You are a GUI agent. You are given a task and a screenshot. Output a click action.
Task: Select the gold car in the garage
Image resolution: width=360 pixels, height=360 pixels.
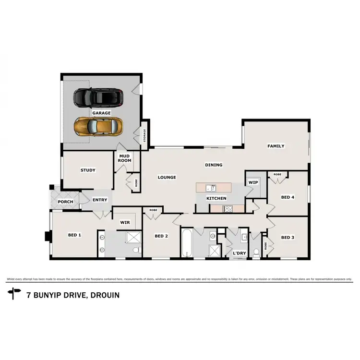coord(98,127)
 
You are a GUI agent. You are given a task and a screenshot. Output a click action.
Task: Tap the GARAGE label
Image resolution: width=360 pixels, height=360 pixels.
coord(102,113)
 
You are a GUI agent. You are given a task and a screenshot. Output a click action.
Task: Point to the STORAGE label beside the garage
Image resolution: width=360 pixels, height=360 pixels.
coord(144,136)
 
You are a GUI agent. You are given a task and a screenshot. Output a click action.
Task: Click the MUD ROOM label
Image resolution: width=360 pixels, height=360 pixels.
coord(124,158)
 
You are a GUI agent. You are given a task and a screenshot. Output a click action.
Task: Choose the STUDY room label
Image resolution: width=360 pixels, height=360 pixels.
coord(88,170)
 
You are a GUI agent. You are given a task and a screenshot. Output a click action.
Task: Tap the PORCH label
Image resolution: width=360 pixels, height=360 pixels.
coord(65,202)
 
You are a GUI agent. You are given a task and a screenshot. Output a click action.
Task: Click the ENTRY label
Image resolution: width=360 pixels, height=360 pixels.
coord(100,200)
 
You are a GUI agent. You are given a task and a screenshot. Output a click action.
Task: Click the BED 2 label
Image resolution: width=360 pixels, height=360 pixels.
coord(161,236)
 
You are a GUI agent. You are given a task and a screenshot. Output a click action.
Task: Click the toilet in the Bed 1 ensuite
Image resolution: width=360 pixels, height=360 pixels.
coord(136,250)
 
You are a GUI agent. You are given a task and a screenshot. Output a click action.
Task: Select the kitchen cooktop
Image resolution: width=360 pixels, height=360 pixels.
coord(227,208)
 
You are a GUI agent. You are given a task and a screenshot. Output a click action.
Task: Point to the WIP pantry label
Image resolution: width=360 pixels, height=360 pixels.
coord(253,182)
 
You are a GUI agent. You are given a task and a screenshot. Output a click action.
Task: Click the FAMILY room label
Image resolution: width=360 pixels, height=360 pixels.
coord(276,146)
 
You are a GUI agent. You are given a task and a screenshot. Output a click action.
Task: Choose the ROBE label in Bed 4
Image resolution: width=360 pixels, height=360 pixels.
coord(277,174)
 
